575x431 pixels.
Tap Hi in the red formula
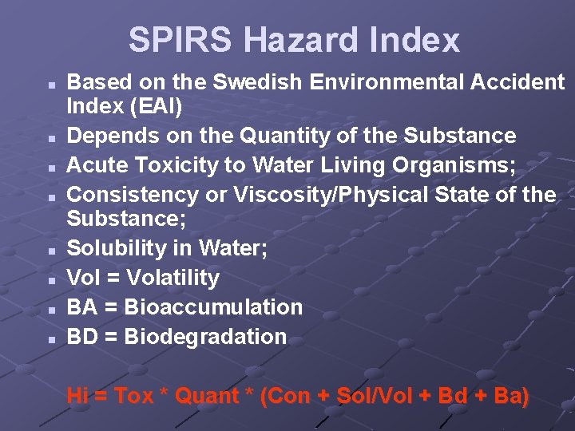[x=77, y=396]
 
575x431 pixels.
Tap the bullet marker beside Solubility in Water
[x=50, y=250]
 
